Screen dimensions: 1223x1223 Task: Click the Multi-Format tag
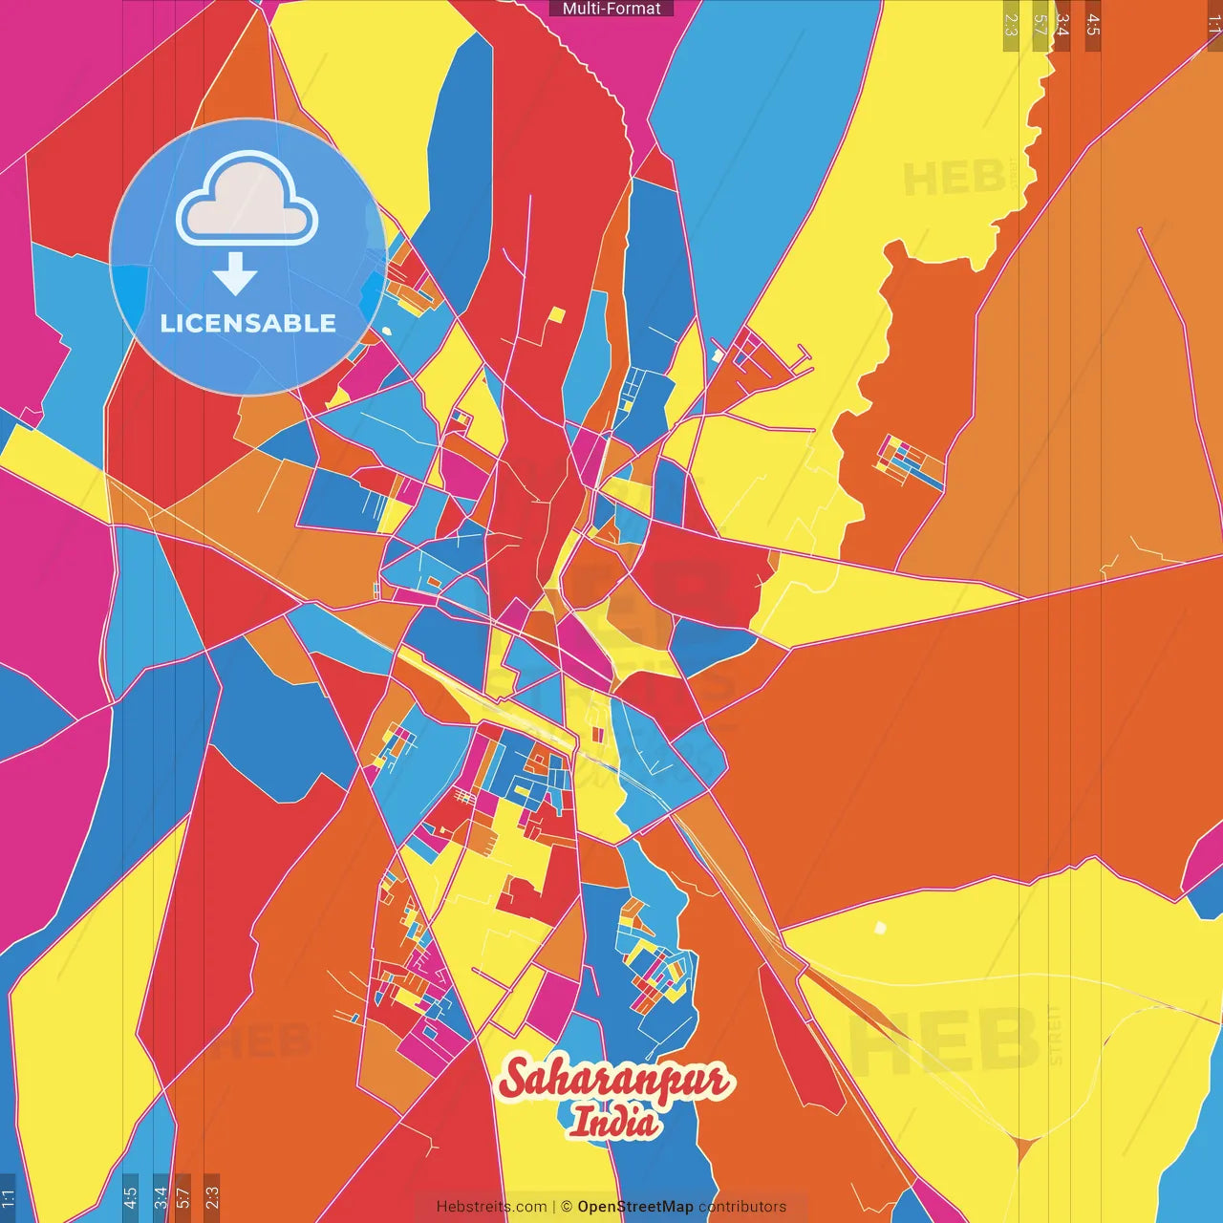click(x=611, y=9)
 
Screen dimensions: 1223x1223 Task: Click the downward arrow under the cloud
click(x=235, y=275)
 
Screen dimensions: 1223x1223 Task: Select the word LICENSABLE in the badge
click(x=248, y=323)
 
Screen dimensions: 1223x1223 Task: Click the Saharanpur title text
click(x=616, y=1081)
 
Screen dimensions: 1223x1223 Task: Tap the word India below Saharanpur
click(x=613, y=1122)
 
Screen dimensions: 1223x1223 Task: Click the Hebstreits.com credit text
click(x=491, y=1207)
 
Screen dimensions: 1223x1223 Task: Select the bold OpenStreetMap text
click(x=635, y=1207)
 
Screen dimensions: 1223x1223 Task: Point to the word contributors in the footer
click(x=742, y=1207)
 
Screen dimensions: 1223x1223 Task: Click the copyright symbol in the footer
click(x=566, y=1207)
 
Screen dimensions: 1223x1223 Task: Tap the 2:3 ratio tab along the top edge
click(x=1011, y=25)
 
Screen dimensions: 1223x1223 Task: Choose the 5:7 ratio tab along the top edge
click(x=1041, y=25)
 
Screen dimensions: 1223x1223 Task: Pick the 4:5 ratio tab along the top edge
click(x=1093, y=25)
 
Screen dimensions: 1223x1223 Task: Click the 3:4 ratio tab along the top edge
click(x=1062, y=25)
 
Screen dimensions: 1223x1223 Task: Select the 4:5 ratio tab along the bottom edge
click(x=130, y=1197)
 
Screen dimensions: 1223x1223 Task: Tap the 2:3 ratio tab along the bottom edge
click(x=211, y=1197)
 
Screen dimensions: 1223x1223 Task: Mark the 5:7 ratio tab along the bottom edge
click(x=183, y=1197)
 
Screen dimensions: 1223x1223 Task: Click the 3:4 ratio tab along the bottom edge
click(x=160, y=1197)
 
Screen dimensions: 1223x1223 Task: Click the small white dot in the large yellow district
click(x=880, y=928)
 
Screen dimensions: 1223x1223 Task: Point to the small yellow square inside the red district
click(x=556, y=315)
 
